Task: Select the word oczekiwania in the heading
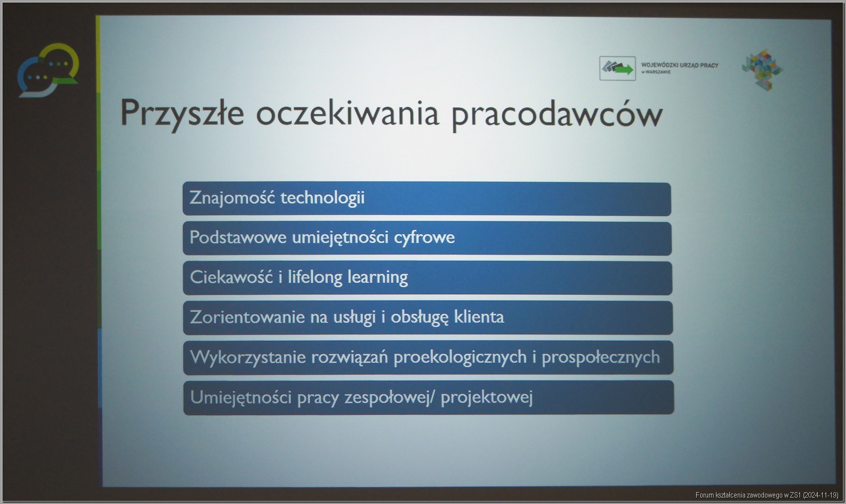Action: pos(348,113)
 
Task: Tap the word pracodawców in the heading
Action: pos(557,115)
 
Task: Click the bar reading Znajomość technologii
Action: pos(427,199)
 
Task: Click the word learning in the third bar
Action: pos(378,277)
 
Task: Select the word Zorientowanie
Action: pos(247,317)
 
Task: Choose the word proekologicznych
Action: pos(460,358)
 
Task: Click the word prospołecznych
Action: pos(601,358)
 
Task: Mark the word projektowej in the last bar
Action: pos(487,398)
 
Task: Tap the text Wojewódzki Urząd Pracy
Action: pos(680,65)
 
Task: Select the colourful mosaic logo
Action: pos(762,70)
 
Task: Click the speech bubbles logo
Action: pos(48,70)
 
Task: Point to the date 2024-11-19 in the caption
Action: pos(820,495)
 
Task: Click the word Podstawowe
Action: pos(238,237)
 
